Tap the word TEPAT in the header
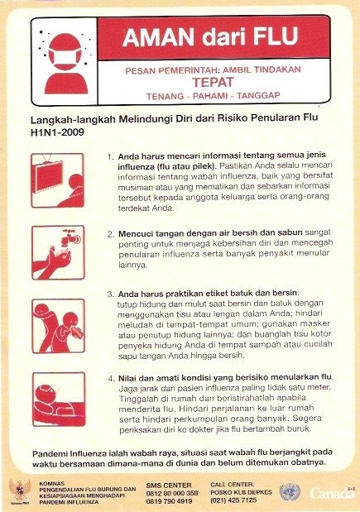pyautogui.click(x=213, y=82)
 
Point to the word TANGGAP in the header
pyautogui.click(x=258, y=95)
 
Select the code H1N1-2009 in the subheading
pyautogui.click(x=57, y=132)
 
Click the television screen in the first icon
pyautogui.click(x=49, y=177)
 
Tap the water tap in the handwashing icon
pyautogui.click(x=71, y=237)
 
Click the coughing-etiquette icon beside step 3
pyautogui.click(x=58, y=326)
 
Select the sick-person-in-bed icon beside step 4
pyautogui.click(x=59, y=399)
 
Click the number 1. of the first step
pyautogui.click(x=110, y=156)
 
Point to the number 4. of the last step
pyautogui.click(x=112, y=379)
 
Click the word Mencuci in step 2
pyautogui.click(x=135, y=234)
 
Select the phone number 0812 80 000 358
pyautogui.click(x=172, y=493)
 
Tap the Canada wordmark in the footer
pyautogui.click(x=332, y=493)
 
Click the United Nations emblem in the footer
pyautogui.click(x=290, y=492)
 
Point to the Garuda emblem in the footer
pyautogui.click(x=20, y=490)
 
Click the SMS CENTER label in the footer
pyautogui.click(x=169, y=486)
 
